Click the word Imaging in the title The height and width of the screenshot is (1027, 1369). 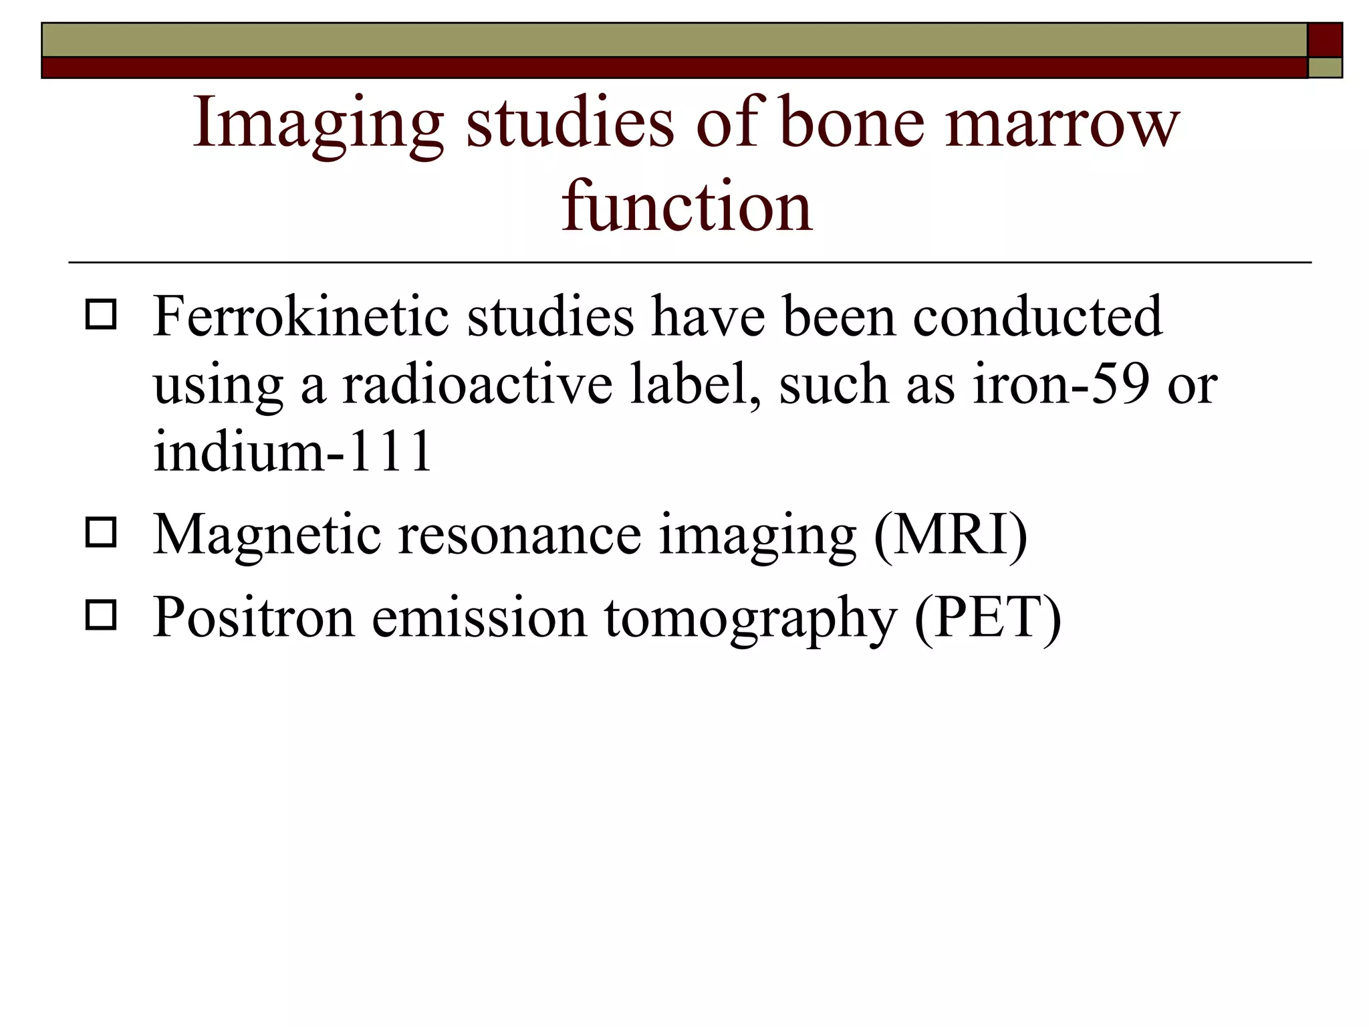coord(318,124)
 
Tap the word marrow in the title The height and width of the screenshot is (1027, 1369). coord(1062,123)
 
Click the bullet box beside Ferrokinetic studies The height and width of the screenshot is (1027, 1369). coord(101,314)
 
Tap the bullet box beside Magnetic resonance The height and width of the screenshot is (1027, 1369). coord(101,533)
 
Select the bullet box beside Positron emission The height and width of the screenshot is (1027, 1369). coord(101,615)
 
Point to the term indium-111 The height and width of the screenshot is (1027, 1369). coord(292,451)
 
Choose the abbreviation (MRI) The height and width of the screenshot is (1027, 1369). coord(950,534)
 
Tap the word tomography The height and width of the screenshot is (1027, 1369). coord(750,619)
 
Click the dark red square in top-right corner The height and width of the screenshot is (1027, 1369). coord(1324,39)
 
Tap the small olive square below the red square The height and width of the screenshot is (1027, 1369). coord(1324,68)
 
